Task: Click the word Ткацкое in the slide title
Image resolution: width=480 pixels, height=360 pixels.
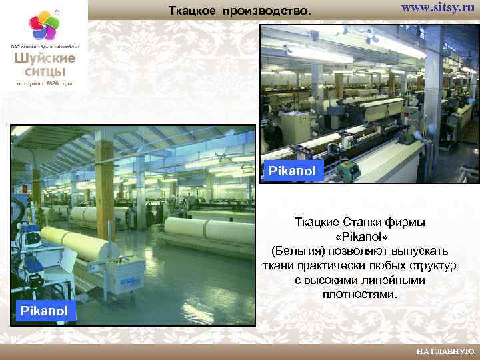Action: pos(193,11)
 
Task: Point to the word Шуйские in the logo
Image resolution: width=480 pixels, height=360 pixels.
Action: pos(45,58)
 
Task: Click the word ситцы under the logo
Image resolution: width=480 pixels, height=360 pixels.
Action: pos(45,71)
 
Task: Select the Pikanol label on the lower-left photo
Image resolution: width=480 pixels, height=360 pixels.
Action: pos(44,311)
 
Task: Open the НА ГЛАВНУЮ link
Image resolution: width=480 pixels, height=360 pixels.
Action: pos(445,351)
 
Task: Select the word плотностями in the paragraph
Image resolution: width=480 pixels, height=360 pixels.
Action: pos(360,293)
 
